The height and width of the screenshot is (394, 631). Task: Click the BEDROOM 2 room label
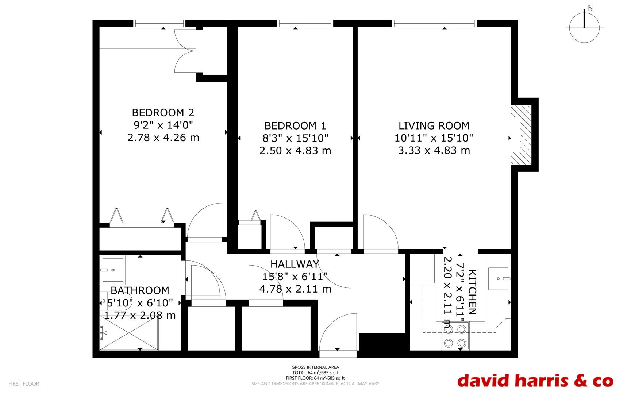[163, 112]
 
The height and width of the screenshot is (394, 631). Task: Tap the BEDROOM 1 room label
[295, 126]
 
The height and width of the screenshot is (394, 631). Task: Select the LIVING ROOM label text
[434, 126]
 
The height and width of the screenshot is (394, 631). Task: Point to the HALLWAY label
[295, 264]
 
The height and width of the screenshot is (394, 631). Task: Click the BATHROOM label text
[140, 290]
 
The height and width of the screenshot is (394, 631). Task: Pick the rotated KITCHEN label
[472, 292]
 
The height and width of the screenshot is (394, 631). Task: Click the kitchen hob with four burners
[455, 336]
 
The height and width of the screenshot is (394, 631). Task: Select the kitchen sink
[499, 279]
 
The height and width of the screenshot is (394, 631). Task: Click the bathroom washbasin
[112, 270]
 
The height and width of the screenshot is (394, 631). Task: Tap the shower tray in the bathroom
[129, 333]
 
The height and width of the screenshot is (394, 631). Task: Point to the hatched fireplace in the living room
[520, 135]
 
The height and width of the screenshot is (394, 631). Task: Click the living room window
[435, 24]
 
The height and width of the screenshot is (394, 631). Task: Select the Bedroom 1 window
[305, 24]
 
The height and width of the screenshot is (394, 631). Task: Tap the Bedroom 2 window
[159, 24]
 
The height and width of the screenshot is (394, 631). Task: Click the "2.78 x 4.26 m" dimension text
[163, 138]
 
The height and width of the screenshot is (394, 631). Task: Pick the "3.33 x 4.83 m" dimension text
[434, 150]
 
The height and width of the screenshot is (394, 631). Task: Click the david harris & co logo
[535, 380]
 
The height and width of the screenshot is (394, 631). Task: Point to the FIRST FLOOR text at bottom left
[24, 384]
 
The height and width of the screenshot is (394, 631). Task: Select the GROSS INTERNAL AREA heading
[315, 367]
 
